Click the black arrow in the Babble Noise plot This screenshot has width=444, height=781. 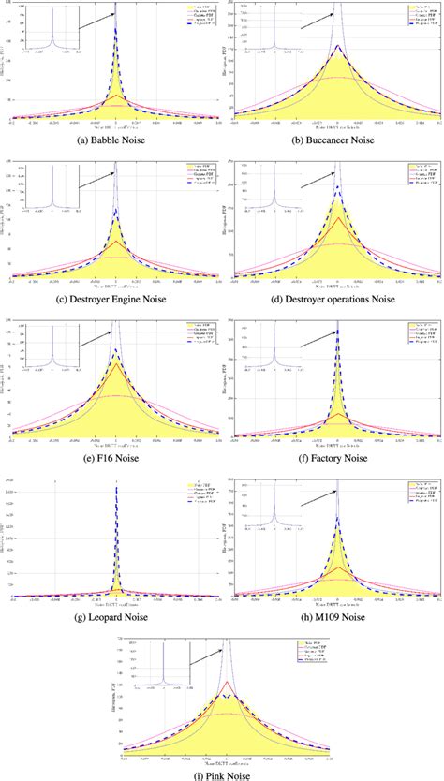(94, 20)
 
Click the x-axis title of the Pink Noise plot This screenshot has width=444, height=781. (223, 755)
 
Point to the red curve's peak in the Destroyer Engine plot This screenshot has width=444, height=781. (115, 241)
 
